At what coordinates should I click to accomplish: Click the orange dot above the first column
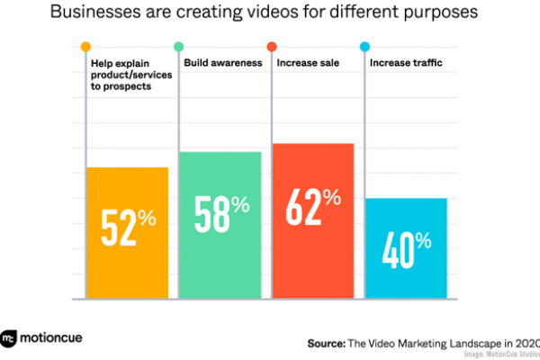85,47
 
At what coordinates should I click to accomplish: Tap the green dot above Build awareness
179,47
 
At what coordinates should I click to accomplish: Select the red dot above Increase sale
272,47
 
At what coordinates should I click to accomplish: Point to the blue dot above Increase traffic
364,47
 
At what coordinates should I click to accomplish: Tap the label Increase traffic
407,64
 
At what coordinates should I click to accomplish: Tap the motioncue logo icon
11,339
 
